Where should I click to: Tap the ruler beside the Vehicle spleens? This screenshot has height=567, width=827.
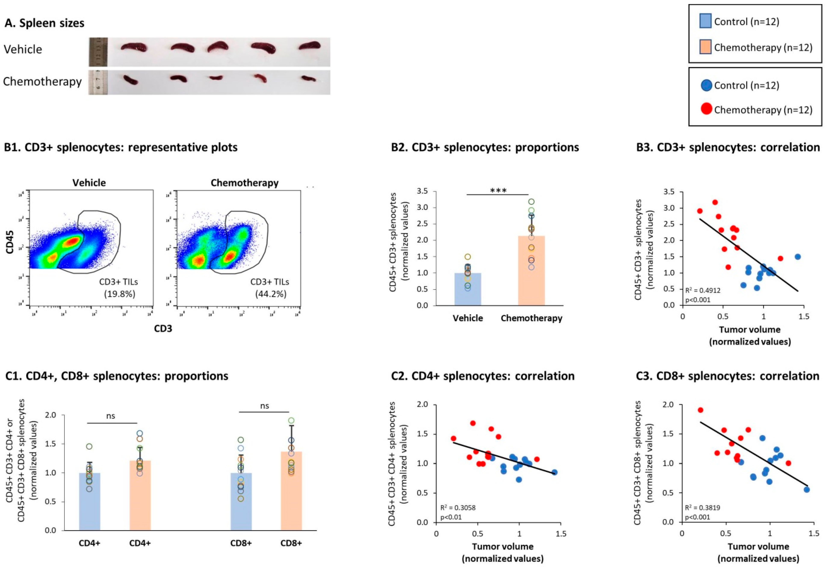98,52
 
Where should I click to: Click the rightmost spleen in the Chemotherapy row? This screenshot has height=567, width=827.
308,79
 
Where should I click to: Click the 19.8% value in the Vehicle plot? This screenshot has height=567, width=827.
119,294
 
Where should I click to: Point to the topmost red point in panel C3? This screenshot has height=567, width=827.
700,410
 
